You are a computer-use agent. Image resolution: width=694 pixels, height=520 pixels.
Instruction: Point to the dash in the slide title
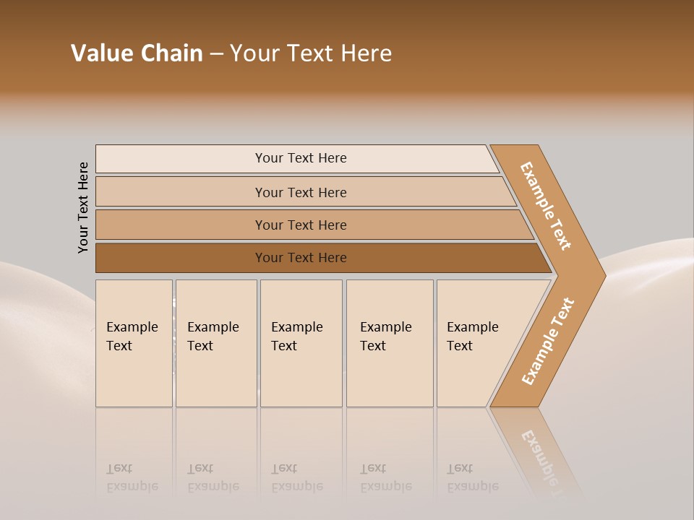pos(216,54)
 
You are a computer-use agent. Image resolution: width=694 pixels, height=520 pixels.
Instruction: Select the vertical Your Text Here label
pos(83,207)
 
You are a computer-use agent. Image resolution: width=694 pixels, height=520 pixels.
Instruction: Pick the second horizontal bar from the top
pos(300,192)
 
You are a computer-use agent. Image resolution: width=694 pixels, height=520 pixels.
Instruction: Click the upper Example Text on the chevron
pos(546,206)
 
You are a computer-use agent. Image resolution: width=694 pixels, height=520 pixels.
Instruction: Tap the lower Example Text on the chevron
pos(548,341)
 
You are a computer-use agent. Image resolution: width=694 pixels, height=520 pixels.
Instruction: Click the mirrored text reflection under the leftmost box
pos(132,477)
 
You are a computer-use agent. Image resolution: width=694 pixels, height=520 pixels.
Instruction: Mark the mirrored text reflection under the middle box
pos(296,477)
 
